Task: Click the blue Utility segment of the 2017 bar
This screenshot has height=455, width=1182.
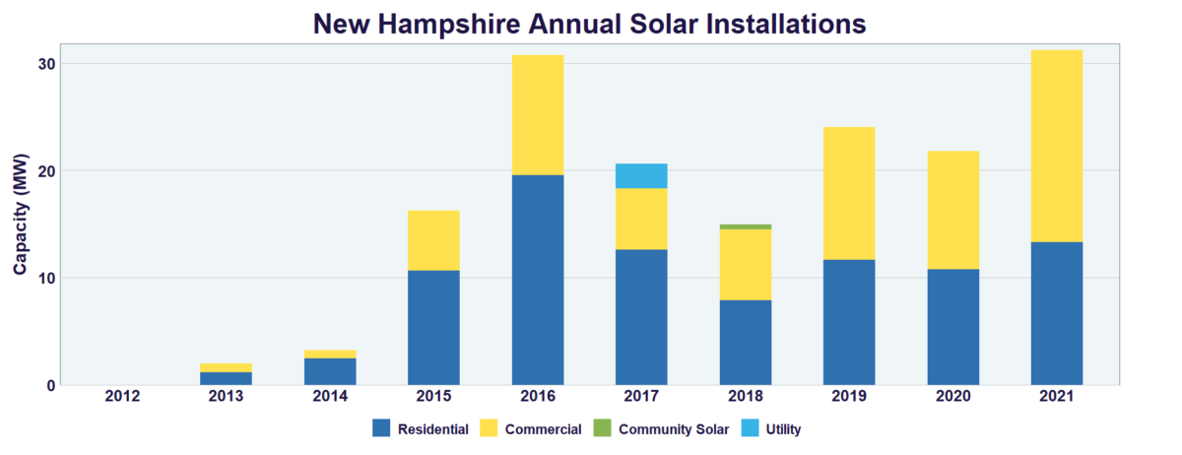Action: (x=641, y=175)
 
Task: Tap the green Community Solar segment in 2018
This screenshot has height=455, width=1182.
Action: (x=745, y=227)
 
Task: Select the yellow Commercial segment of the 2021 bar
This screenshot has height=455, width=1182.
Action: (x=1056, y=146)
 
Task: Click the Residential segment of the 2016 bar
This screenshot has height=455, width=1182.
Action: (x=538, y=280)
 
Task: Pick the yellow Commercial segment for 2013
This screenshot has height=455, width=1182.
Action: (x=226, y=367)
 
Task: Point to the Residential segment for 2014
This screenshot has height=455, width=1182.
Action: (x=330, y=371)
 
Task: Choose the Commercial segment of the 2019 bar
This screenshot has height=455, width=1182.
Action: (x=848, y=193)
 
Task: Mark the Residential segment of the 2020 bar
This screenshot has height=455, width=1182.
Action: (x=952, y=326)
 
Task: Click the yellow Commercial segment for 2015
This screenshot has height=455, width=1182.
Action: (x=433, y=240)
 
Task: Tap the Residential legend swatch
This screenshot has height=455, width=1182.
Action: (x=382, y=428)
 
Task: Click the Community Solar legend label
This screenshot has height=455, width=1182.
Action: (x=674, y=428)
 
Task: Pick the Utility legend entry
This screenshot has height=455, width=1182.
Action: (x=782, y=428)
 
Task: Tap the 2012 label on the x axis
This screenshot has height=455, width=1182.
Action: (x=122, y=396)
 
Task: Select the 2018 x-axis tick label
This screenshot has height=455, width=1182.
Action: (x=745, y=396)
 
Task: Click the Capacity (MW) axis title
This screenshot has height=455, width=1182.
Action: (x=20, y=214)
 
